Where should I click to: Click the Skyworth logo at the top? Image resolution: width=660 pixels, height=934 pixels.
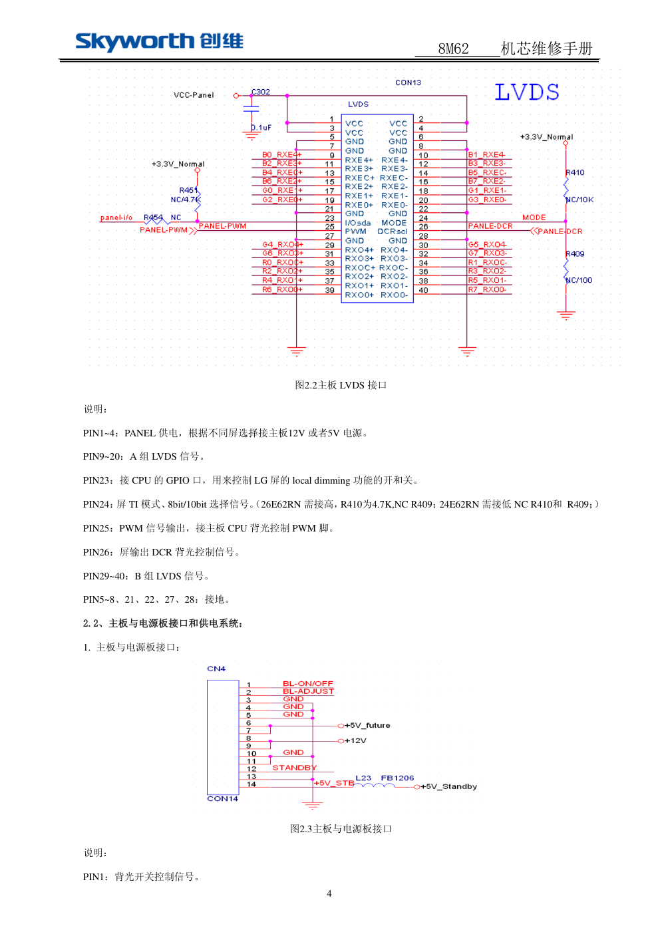159,41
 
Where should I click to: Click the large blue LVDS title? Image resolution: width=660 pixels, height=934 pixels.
526,92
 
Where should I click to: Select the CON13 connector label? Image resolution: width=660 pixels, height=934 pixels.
408,83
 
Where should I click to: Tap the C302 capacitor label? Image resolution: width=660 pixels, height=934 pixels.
261,92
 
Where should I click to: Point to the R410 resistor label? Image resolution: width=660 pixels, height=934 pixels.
575,173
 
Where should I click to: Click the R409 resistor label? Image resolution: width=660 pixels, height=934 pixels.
575,254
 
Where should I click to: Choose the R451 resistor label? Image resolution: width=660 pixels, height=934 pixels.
188,190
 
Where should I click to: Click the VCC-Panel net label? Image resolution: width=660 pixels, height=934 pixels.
194,95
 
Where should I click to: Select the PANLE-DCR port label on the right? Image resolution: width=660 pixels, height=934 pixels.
560,232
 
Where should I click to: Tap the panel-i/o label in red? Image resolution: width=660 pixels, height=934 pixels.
116,218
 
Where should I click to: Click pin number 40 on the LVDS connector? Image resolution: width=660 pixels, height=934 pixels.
423,290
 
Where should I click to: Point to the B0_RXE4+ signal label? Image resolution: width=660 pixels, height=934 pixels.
281,155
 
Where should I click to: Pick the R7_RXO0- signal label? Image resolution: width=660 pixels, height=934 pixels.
487,290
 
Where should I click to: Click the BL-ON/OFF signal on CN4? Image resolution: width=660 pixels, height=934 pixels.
307,684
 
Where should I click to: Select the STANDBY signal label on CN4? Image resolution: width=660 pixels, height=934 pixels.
294,768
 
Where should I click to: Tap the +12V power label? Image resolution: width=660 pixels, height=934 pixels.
355,741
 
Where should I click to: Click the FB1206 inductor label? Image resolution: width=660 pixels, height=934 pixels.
397,778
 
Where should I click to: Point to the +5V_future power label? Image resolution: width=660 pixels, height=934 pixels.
367,726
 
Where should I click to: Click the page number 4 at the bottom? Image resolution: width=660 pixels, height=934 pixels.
329,893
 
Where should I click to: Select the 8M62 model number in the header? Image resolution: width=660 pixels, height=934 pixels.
453,49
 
